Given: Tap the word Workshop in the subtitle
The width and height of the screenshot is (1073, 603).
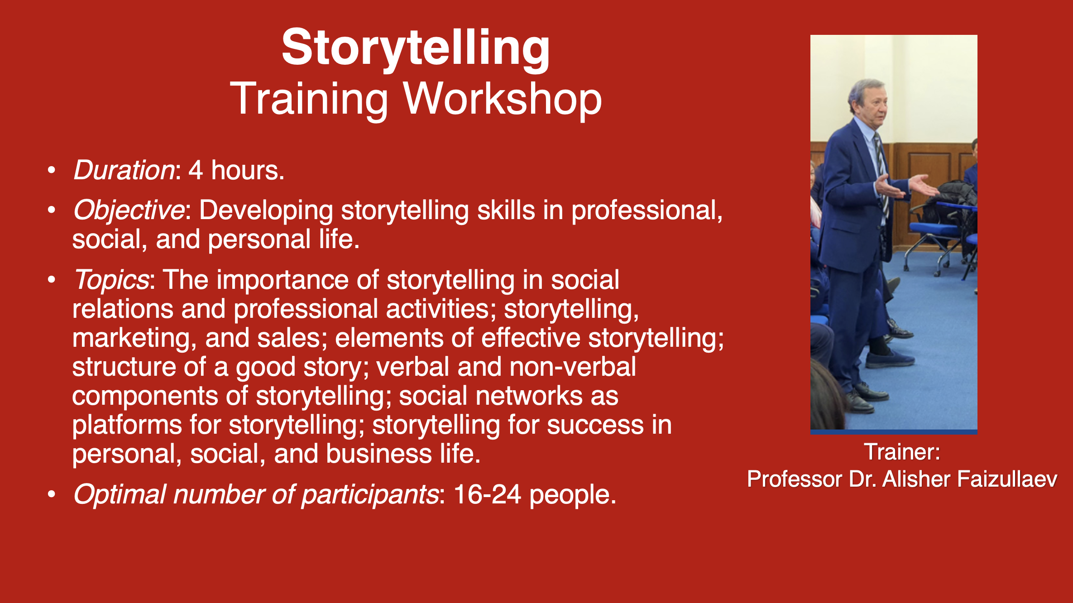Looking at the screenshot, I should [502, 99].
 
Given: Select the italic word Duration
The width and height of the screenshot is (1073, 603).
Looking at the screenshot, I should [124, 171].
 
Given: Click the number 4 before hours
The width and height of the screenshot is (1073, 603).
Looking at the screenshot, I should [196, 171].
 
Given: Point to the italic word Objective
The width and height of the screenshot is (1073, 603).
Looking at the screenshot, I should [129, 211].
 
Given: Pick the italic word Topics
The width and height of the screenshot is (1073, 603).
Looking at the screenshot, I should [111, 280].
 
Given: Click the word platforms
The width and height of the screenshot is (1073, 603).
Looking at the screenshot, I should [127, 426].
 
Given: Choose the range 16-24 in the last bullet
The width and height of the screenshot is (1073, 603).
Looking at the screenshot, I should [487, 494].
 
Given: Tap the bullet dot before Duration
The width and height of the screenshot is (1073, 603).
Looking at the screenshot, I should [52, 171].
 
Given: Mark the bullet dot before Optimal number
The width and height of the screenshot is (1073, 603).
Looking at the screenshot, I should [52, 494].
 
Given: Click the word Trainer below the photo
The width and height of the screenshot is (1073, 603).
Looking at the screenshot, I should [901, 452].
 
